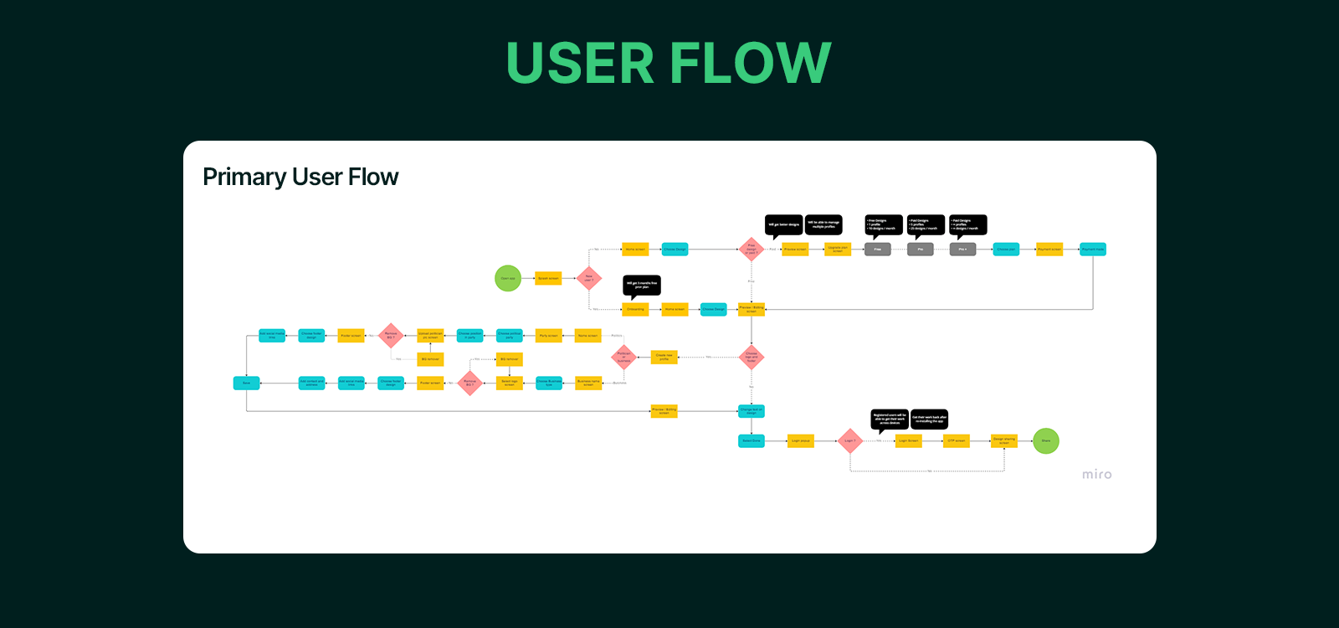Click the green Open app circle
(508, 278)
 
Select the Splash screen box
(548, 278)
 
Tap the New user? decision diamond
(589, 278)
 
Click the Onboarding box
(636, 309)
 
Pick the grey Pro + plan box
(962, 250)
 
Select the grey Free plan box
(877, 250)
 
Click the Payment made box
(1092, 250)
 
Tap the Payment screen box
(1049, 250)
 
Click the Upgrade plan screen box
(838, 250)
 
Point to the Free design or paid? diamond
(752, 250)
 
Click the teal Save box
(246, 383)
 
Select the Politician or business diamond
(623, 358)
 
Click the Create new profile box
(664, 357)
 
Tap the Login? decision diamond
(849, 440)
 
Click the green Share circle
(1046, 440)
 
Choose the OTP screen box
(957, 440)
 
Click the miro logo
(1096, 475)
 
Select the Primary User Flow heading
(300, 178)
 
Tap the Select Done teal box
(752, 440)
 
